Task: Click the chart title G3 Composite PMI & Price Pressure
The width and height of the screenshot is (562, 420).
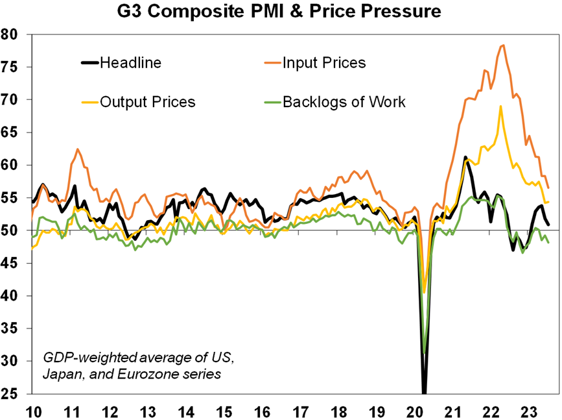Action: (x=281, y=11)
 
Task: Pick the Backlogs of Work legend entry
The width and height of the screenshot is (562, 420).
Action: (x=344, y=102)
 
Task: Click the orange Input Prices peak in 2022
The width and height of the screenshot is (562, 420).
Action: (x=503, y=45)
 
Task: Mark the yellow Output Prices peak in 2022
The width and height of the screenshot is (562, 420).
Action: (x=500, y=106)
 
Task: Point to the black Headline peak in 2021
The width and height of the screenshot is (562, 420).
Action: (x=465, y=157)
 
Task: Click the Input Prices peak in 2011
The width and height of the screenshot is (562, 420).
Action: (x=78, y=149)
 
